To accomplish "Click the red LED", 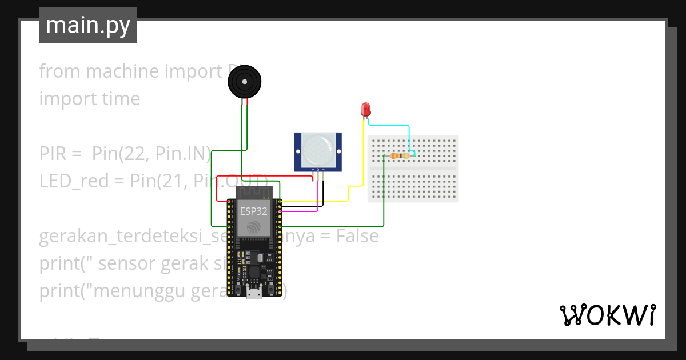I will pos(366,109).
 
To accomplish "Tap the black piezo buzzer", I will pos(245,82).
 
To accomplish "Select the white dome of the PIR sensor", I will pos(318,150).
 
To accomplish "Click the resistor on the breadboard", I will pos(398,155).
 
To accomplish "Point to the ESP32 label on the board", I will pos(253,211).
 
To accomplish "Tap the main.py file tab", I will pos(88,25).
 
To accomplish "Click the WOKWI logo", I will pos(607,315).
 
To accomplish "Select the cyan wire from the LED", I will pos(394,125).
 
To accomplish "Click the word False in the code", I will pos(357,236).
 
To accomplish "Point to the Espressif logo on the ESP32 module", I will pos(253,227).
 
